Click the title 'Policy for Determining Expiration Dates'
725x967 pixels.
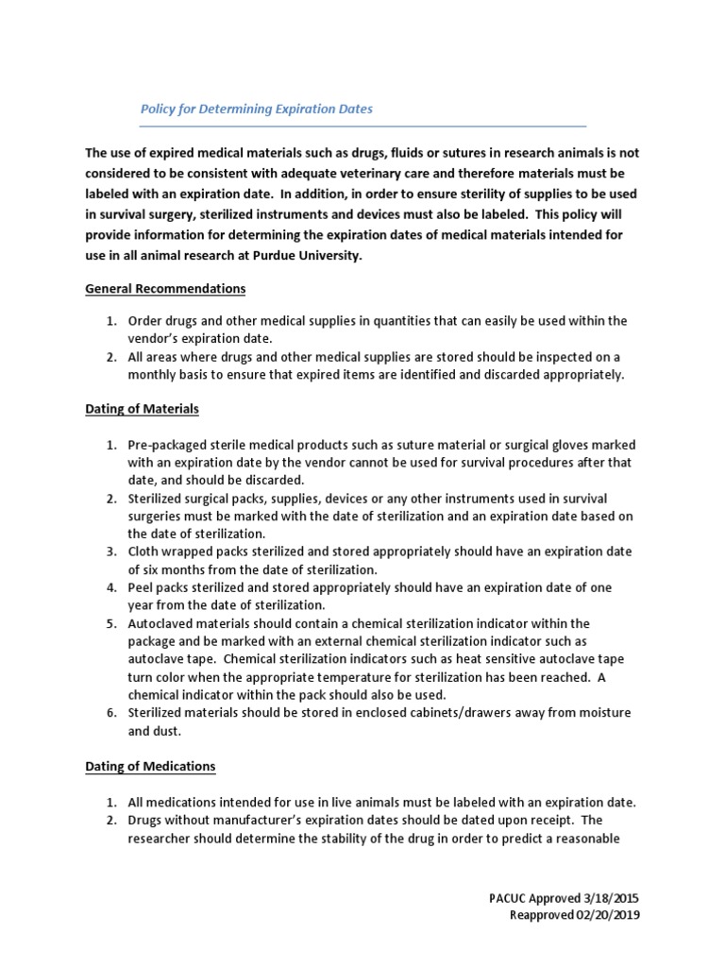point(256,109)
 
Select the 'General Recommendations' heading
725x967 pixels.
point(165,288)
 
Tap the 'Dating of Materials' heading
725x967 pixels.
point(142,409)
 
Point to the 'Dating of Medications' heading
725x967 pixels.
point(150,766)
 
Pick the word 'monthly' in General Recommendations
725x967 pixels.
point(152,375)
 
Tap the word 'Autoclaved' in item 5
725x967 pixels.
point(160,623)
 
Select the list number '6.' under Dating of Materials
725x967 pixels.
point(110,712)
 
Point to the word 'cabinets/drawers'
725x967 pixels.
point(447,712)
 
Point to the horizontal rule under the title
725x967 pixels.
point(363,126)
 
